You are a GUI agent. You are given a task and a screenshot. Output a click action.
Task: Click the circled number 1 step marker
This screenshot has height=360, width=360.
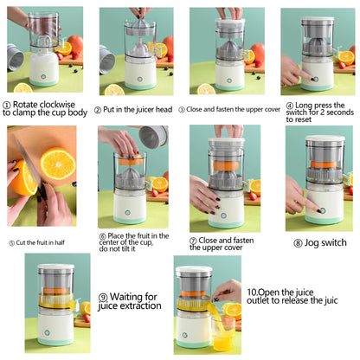6,105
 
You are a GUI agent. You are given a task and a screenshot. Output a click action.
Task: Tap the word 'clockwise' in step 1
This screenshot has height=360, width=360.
58,105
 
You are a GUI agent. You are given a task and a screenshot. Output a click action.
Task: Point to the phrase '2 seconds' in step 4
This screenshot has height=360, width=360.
333,113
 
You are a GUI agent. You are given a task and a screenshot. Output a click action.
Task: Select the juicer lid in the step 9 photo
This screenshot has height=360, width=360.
54,272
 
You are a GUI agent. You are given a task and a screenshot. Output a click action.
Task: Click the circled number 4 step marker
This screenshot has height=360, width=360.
286,105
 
